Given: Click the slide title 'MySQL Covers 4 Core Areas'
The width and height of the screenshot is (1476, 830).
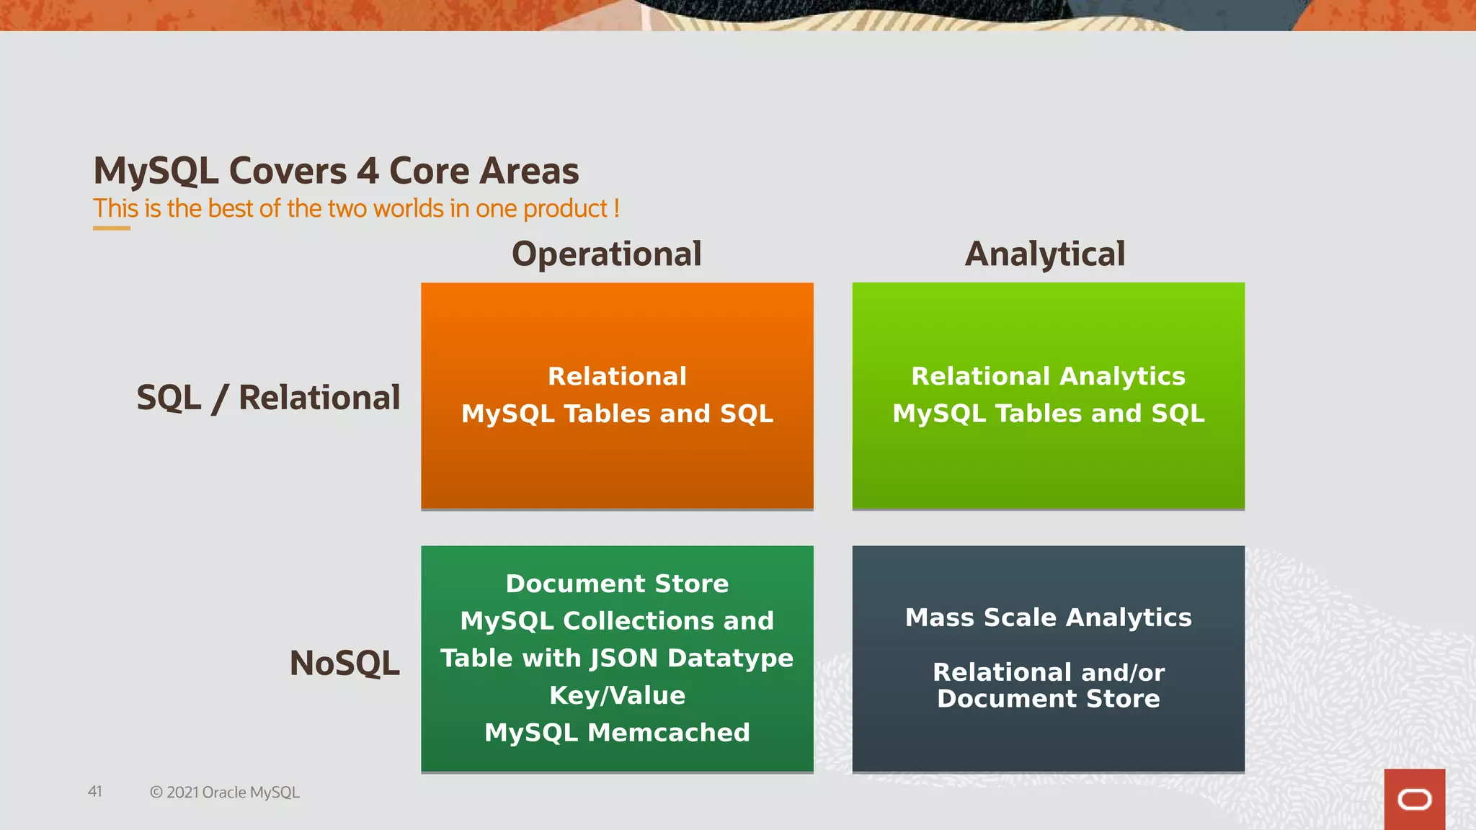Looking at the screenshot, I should (336, 171).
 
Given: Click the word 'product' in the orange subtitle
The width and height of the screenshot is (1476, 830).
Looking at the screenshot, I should (565, 209).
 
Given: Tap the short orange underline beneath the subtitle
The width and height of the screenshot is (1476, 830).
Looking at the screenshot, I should (112, 228).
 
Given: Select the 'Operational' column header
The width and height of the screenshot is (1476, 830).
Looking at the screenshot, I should (606, 254).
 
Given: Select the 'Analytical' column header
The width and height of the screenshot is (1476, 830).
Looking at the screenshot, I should (1044, 254).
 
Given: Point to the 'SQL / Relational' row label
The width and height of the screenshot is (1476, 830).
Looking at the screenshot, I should (268, 398).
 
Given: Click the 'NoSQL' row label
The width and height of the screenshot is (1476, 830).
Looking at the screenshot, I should (344, 663).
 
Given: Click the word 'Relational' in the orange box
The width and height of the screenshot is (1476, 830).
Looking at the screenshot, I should (617, 376).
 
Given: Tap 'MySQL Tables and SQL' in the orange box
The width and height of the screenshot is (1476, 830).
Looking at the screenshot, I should (617, 414).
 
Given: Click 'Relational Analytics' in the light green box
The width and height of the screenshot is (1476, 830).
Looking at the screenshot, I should (1048, 376).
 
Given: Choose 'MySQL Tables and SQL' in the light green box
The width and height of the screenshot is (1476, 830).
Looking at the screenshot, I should (1048, 414).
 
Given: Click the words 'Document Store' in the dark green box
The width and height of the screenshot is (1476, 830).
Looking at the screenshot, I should (617, 584).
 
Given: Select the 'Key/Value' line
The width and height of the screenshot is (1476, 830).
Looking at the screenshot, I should (617, 695).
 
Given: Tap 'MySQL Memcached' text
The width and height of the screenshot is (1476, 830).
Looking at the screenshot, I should (617, 733).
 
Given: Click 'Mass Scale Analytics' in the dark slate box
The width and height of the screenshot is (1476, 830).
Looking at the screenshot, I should (1048, 617).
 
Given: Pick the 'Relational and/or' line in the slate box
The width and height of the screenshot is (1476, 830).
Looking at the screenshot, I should (1048, 672).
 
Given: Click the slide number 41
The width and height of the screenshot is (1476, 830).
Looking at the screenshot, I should (95, 792).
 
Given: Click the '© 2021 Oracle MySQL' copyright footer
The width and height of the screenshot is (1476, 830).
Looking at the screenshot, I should (224, 793).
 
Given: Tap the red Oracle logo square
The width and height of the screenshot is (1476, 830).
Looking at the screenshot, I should (1414, 799).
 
